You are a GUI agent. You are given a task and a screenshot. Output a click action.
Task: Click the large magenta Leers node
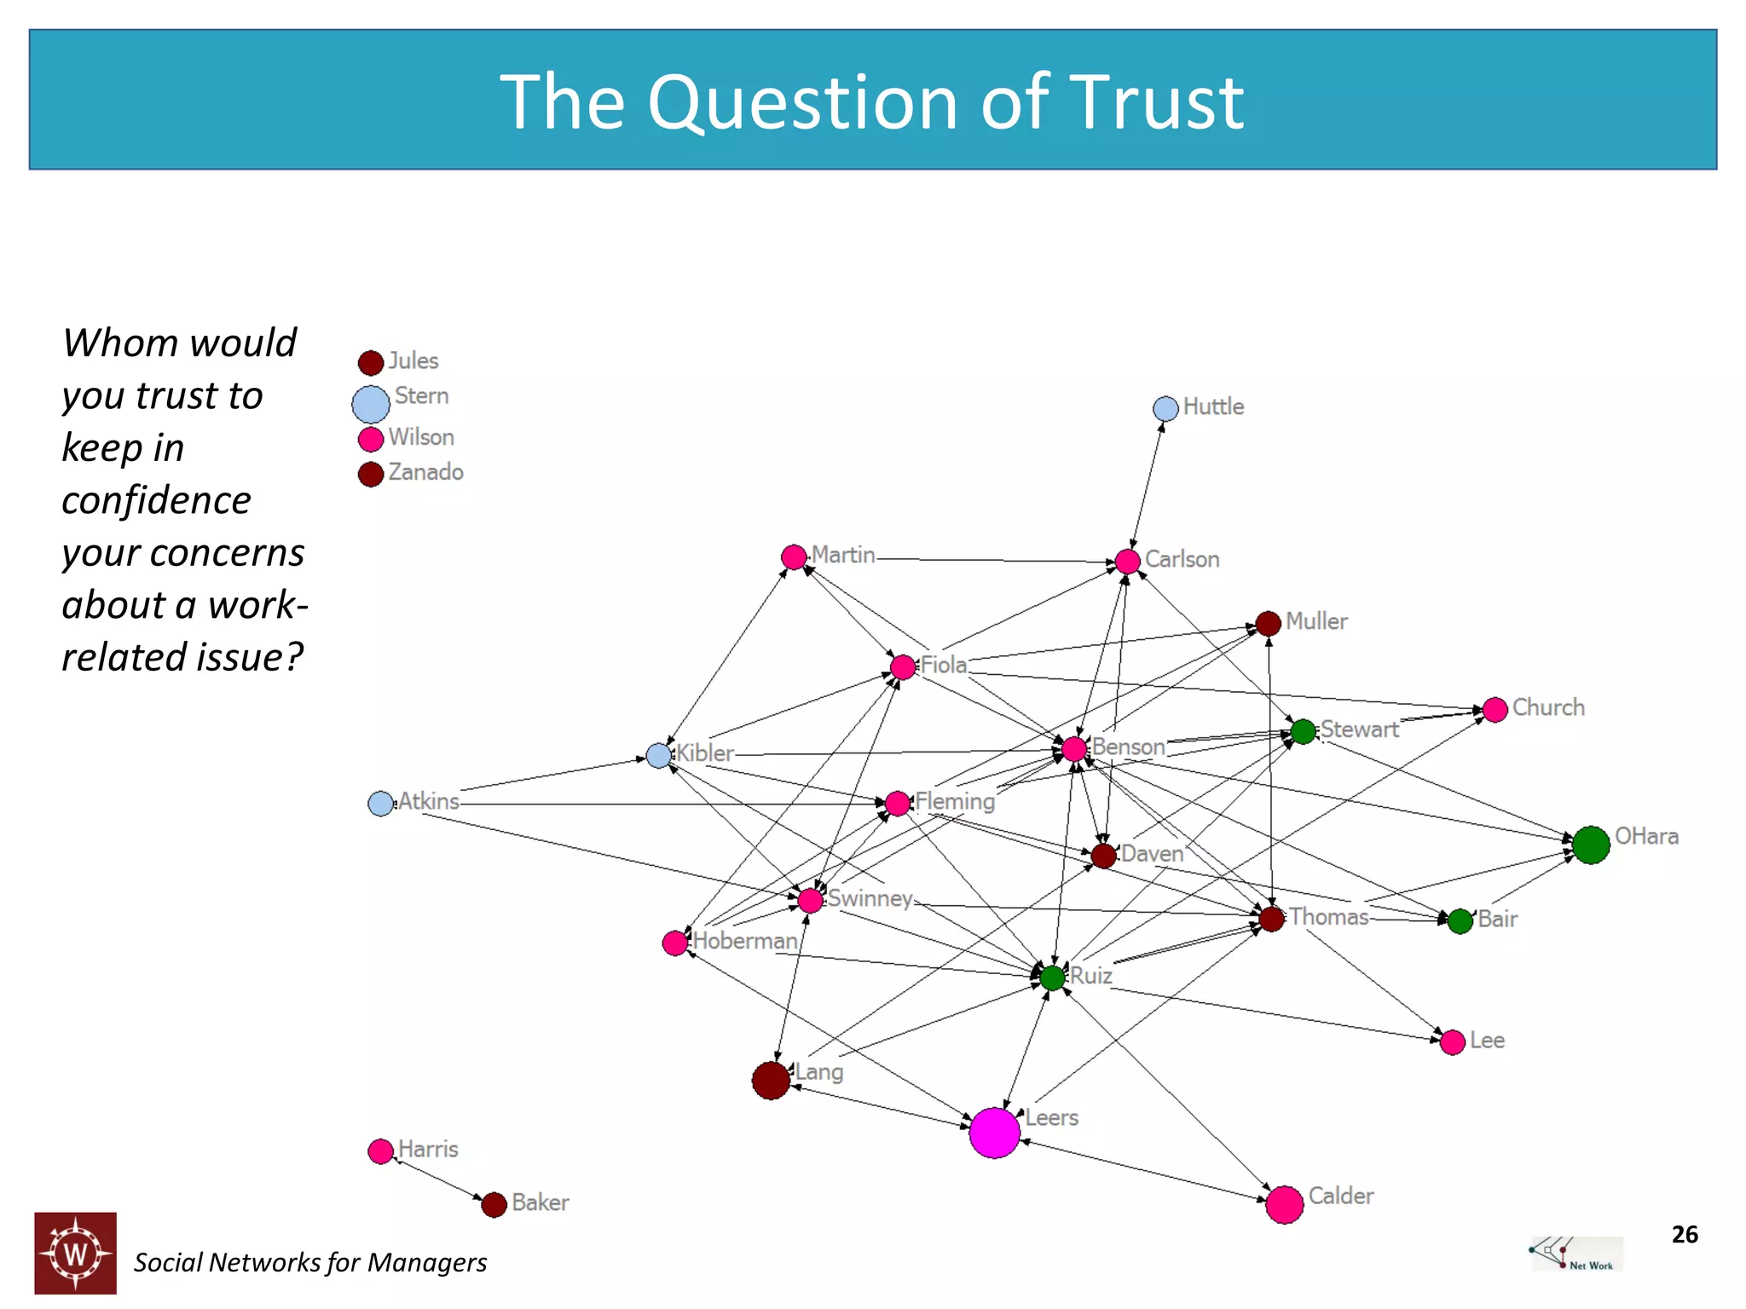tap(994, 1133)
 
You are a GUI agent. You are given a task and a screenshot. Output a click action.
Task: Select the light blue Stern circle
tap(371, 404)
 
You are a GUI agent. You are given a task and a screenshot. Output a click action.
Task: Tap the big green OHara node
tap(1591, 845)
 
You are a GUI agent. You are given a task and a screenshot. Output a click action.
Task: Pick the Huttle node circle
tap(1165, 408)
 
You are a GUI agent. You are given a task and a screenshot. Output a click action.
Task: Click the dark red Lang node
tap(771, 1081)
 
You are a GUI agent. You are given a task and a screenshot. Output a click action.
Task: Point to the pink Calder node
tap(1285, 1205)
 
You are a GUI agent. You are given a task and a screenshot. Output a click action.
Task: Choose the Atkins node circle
tap(380, 803)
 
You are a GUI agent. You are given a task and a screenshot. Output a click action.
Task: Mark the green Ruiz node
tap(1053, 977)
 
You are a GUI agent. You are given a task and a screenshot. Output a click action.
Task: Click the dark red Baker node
tap(494, 1204)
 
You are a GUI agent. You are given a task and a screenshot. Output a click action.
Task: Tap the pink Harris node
tap(380, 1151)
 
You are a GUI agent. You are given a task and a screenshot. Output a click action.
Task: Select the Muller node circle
tap(1269, 623)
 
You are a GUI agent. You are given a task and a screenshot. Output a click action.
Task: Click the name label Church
tap(1548, 707)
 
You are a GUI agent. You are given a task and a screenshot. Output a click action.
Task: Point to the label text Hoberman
tap(745, 941)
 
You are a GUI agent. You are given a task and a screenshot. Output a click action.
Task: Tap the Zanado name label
tap(426, 472)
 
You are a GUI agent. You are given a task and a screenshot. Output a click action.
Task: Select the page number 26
tap(1685, 1234)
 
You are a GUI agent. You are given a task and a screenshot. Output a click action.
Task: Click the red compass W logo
tap(75, 1253)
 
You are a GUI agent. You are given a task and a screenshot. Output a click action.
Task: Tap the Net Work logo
tap(1577, 1254)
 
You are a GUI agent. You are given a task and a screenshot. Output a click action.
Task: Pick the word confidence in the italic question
tap(157, 500)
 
